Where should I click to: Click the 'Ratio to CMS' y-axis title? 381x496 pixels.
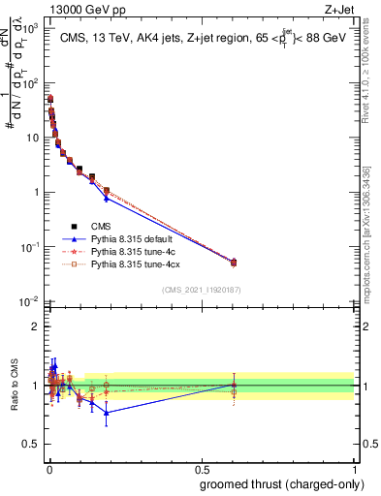pyautogui.click(x=14, y=385)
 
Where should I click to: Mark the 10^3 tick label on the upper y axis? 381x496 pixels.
pyautogui.click(x=29, y=29)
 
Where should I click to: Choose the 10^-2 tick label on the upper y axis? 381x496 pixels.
pyautogui.click(x=29, y=300)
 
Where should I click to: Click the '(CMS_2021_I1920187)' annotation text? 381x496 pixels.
pyautogui.click(x=201, y=289)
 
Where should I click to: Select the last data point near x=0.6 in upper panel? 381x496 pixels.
pyautogui.click(x=233, y=262)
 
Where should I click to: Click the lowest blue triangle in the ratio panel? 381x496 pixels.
pyautogui.click(x=107, y=413)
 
